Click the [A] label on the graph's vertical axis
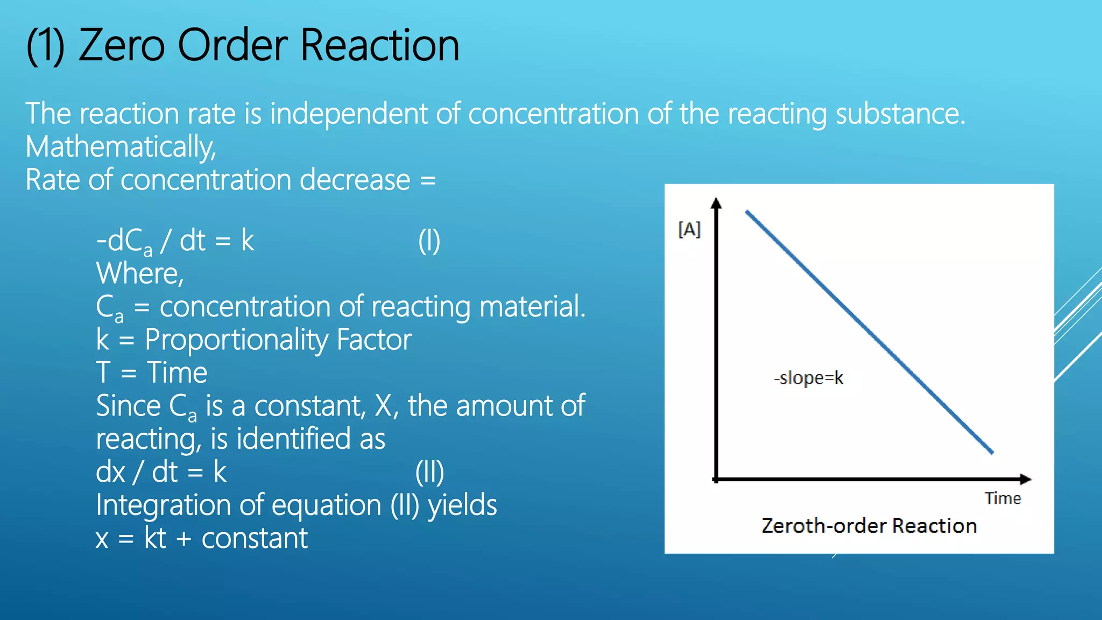[x=689, y=230]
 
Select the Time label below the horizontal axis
[x=1002, y=498]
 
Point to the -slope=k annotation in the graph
[x=809, y=378]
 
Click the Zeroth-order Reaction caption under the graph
[x=869, y=526]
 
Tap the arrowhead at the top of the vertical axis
[x=716, y=203]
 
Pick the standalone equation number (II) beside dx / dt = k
[x=429, y=472]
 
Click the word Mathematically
[x=121, y=147]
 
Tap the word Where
[x=139, y=273]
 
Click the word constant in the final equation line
[x=255, y=538]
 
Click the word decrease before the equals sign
[x=355, y=180]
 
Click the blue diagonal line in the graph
[x=868, y=332]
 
